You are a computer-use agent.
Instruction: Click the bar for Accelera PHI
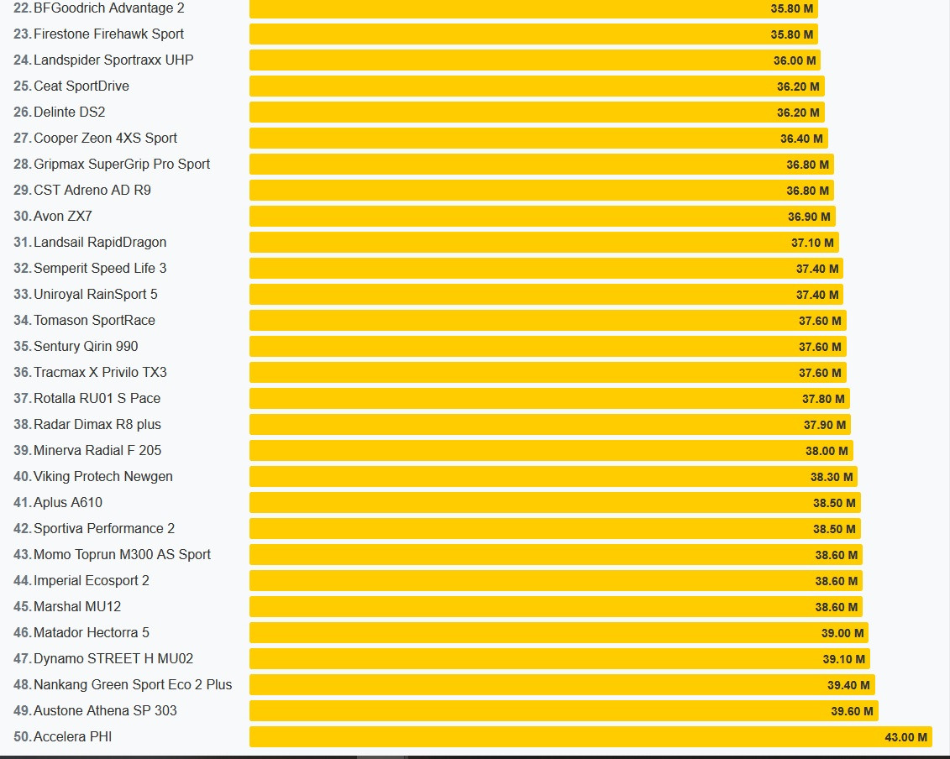[590, 736]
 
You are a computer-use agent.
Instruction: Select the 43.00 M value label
[905, 737]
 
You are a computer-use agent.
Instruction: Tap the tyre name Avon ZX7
[63, 217]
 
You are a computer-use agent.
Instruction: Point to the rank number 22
[22, 8]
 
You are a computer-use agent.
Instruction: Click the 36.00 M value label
[795, 60]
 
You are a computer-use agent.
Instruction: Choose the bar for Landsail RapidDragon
[544, 243]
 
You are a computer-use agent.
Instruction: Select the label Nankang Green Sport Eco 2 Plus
[133, 684]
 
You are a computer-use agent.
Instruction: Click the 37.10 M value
[812, 243]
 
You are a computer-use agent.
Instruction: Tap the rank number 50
[22, 736]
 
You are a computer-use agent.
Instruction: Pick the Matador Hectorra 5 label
[92, 632]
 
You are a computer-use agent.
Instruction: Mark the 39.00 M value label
[842, 633]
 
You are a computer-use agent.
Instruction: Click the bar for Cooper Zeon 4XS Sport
[538, 138]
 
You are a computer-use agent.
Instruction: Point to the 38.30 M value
[832, 478]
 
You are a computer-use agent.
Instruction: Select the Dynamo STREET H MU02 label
[113, 658]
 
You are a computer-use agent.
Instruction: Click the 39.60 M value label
[852, 711]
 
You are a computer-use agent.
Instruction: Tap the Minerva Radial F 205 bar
[551, 451]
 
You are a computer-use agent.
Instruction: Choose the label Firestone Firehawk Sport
[108, 34]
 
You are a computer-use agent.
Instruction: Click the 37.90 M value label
[825, 425]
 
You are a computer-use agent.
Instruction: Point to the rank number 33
[22, 295]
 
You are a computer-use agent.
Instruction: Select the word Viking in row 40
[51, 477]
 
